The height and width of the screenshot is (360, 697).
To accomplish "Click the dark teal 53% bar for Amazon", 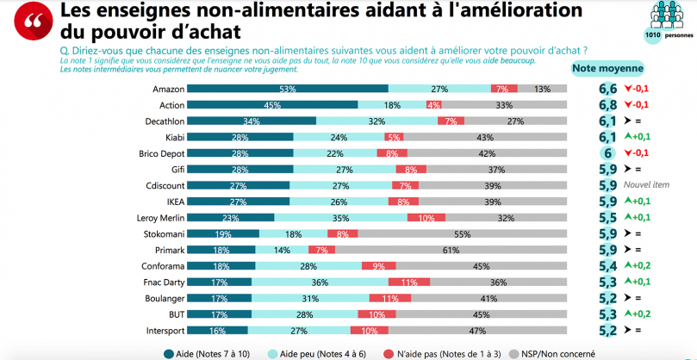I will pos(288,90).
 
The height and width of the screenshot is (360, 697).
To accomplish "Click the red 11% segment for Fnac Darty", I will pos(409,282).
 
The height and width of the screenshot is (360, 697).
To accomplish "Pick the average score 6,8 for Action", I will pos(607,105).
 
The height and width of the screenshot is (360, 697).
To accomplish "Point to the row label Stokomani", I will pos(159,233).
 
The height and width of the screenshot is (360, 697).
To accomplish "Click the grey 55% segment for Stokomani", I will pos(463,233).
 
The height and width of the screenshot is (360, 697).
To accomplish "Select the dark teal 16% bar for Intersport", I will pos(218,330).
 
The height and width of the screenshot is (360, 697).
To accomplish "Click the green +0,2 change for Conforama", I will pos(638,265).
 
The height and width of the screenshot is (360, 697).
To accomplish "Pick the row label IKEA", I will pos(167,202).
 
